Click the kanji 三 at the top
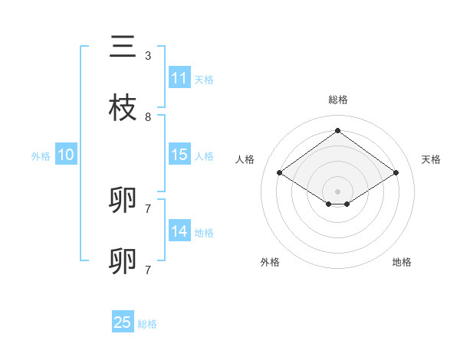[x=123, y=47]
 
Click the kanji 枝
[x=123, y=108]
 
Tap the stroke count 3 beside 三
[x=148, y=56]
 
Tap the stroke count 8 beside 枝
[x=148, y=117]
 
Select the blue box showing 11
[x=179, y=78]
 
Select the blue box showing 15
[x=179, y=155]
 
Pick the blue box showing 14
[x=179, y=231]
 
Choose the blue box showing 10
[x=66, y=155]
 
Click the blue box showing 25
[x=123, y=322]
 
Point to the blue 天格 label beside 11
[x=204, y=79]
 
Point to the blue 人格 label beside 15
[x=204, y=155]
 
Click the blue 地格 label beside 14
[x=204, y=232]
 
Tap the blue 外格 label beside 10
[x=41, y=155]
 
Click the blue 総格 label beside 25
[x=147, y=324]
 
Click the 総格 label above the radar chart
[x=337, y=100]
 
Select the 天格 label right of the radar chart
[x=431, y=159]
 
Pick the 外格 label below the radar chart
[x=270, y=262]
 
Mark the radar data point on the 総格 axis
[x=337, y=131]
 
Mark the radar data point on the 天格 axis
[x=396, y=173]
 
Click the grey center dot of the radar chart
[x=337, y=191]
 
